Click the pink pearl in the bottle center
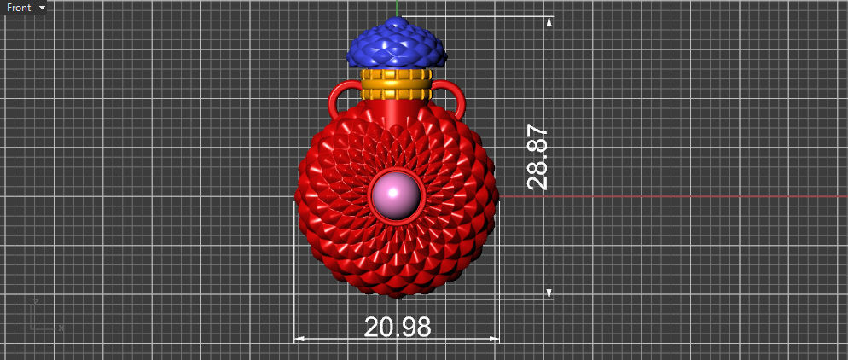[x=397, y=195]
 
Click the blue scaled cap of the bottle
[x=397, y=46]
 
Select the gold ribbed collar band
[x=393, y=86]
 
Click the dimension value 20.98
[x=397, y=327]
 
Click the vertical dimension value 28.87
[x=537, y=156]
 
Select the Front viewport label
[x=19, y=8]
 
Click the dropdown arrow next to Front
[x=42, y=8]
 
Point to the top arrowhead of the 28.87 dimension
[x=549, y=21]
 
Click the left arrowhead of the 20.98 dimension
[x=299, y=339]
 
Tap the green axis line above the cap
[x=397, y=8]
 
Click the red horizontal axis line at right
[x=682, y=196]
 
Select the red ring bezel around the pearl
[x=397, y=219]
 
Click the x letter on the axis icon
[x=61, y=328]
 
